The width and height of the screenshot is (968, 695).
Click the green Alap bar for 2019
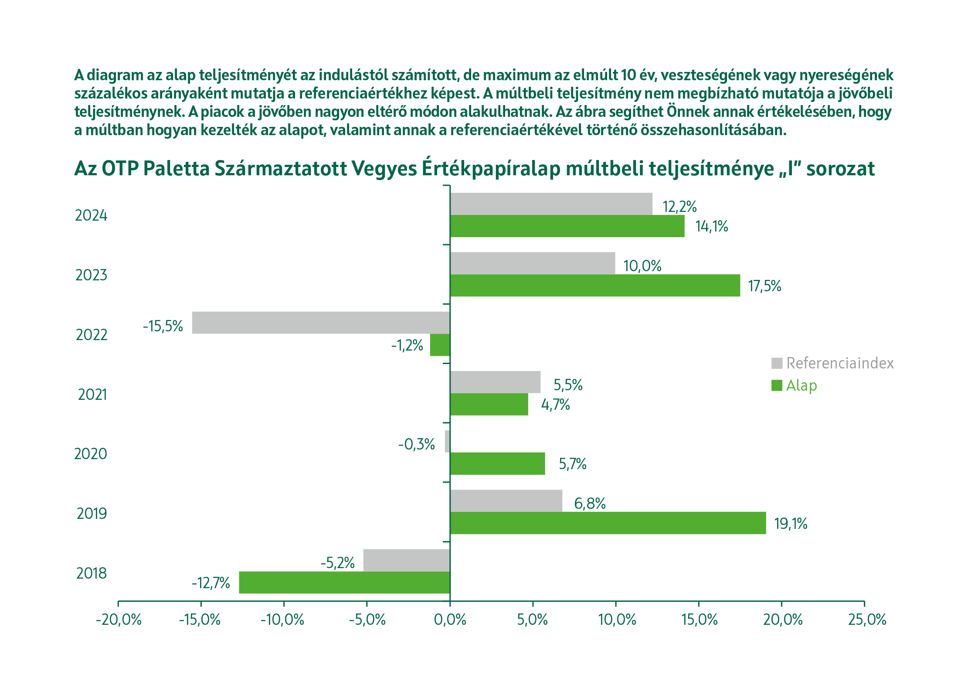pyautogui.click(x=608, y=523)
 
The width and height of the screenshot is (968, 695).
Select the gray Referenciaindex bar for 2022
pyautogui.click(x=321, y=323)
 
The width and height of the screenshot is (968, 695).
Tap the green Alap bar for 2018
pyautogui.click(x=344, y=582)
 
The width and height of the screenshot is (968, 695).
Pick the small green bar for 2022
pyautogui.click(x=439, y=345)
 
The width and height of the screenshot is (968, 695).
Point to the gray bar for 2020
pyautogui.click(x=447, y=441)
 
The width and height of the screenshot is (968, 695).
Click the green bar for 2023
pyautogui.click(x=595, y=285)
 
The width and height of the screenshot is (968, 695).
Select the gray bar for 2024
pyautogui.click(x=551, y=204)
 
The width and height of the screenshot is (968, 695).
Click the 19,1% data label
pyautogui.click(x=791, y=523)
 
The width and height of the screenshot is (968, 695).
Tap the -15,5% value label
pyautogui.click(x=163, y=326)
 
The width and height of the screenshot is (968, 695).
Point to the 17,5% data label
pyautogui.click(x=764, y=286)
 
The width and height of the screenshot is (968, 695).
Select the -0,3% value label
pyautogui.click(x=416, y=444)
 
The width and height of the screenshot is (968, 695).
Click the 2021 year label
pyautogui.click(x=92, y=395)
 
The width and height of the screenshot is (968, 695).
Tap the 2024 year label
pyautogui.click(x=91, y=215)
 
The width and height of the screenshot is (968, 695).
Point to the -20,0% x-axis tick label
pyautogui.click(x=119, y=620)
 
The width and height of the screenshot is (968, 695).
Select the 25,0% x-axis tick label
pyautogui.click(x=867, y=620)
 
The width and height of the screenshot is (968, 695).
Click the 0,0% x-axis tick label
pyautogui.click(x=450, y=620)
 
